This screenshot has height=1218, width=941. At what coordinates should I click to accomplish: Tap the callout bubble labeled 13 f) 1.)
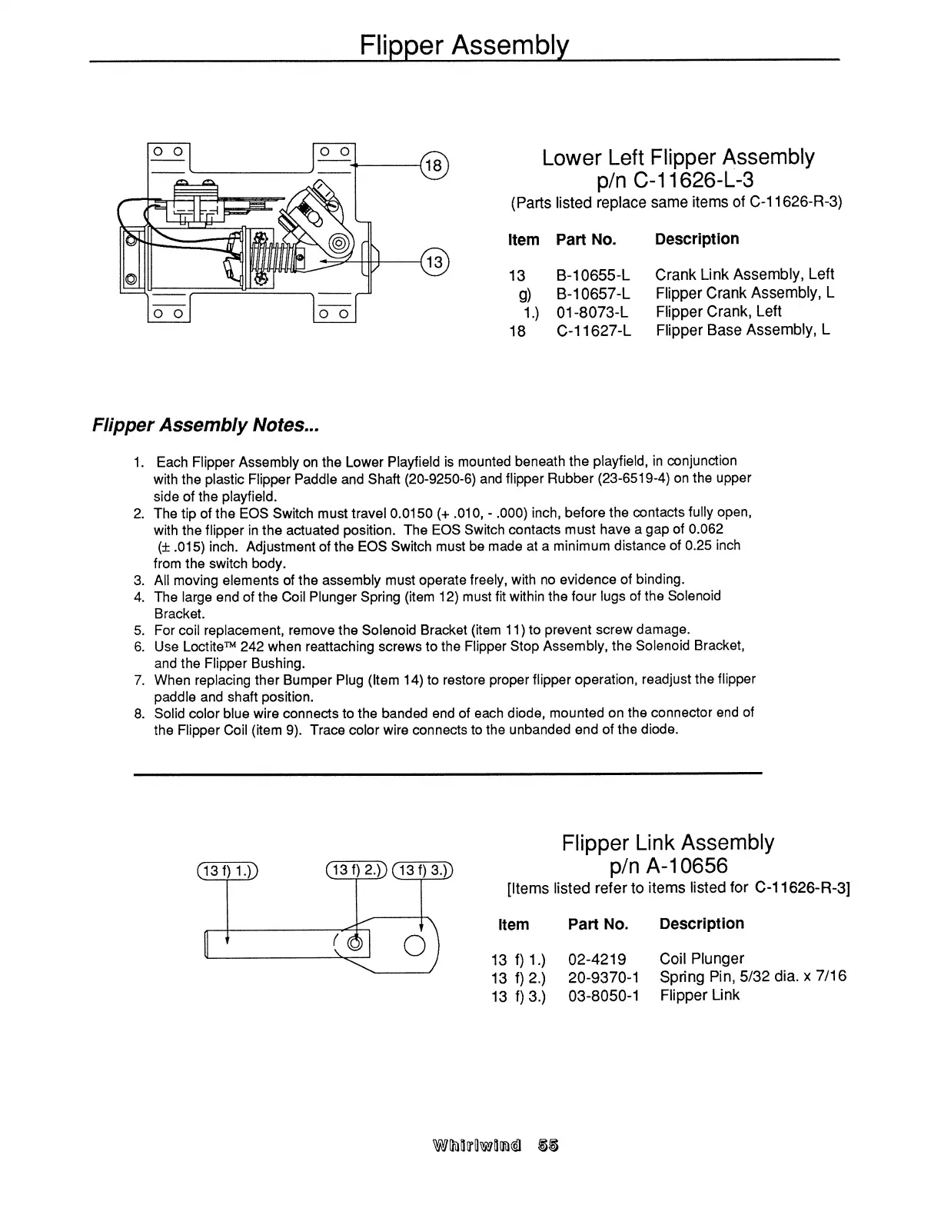[x=227, y=870]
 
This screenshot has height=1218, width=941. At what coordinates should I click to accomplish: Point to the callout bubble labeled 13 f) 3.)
[x=422, y=870]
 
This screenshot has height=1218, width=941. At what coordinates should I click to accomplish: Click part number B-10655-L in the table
[x=593, y=275]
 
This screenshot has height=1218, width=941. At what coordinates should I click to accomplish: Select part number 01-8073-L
[x=592, y=312]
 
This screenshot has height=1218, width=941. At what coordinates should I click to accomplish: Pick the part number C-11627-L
[x=593, y=331]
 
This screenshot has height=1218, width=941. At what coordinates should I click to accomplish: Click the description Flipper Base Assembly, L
[x=743, y=331]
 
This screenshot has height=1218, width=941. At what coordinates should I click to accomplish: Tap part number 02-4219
[x=597, y=959]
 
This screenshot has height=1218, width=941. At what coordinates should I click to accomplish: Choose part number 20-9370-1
[x=603, y=977]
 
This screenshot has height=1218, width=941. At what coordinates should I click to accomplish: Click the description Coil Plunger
[x=701, y=959]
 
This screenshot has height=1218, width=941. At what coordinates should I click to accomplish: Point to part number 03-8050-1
[x=603, y=996]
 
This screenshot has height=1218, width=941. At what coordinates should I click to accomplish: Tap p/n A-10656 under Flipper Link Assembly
[x=667, y=866]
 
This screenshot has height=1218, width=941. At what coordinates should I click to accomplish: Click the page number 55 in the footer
[x=549, y=1145]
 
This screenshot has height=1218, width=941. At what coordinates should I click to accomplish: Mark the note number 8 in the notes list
[x=139, y=714]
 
